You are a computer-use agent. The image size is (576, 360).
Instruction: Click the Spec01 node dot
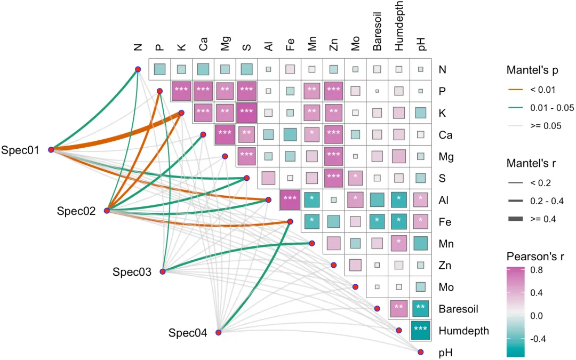(x=51, y=149)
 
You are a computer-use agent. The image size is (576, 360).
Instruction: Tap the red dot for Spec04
(x=219, y=332)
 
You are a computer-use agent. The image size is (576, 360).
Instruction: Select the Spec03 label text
(x=132, y=272)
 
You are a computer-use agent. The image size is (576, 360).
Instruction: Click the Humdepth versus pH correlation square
(x=421, y=330)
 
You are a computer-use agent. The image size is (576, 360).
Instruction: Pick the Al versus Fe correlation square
(x=290, y=200)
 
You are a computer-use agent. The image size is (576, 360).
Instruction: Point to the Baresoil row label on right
(x=459, y=309)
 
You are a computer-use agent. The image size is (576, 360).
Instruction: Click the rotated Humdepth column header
(x=399, y=26)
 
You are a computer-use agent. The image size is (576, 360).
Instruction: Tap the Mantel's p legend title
(x=532, y=70)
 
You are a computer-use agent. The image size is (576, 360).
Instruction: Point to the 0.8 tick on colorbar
(x=537, y=270)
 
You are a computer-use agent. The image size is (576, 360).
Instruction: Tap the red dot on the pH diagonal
(x=421, y=352)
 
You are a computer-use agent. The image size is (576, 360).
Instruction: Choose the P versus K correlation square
(x=181, y=91)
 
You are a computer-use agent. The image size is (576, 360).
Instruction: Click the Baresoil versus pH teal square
(x=421, y=308)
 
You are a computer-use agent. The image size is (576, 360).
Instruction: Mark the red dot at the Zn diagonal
(x=333, y=265)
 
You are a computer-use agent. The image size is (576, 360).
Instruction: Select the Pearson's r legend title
(x=535, y=256)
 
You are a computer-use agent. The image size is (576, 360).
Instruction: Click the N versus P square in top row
(x=160, y=69)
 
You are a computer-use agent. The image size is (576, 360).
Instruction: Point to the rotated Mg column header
(x=225, y=43)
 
